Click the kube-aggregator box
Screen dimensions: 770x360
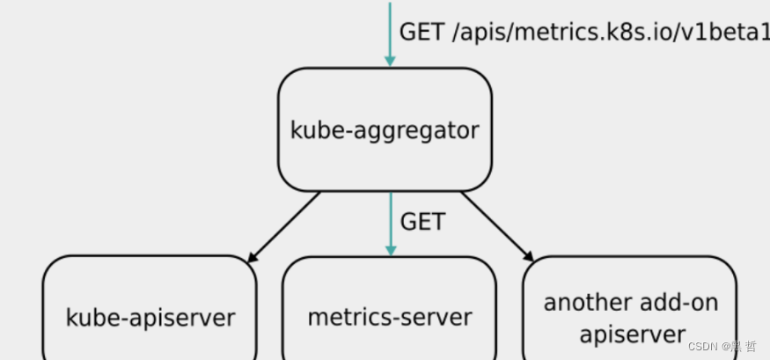(x=385, y=129)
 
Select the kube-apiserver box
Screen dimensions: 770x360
(x=150, y=308)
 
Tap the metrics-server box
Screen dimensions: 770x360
(x=390, y=308)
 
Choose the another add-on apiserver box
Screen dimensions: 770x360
(x=629, y=308)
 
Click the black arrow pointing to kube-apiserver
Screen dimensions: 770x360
(x=284, y=227)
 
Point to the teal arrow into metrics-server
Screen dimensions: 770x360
(x=391, y=224)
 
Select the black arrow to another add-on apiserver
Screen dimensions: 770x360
(x=497, y=227)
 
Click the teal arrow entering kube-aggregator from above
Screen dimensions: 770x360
(x=390, y=34)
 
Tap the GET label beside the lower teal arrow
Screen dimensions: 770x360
(x=422, y=222)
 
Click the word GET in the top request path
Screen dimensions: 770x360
(x=422, y=33)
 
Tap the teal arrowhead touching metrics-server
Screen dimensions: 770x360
(x=391, y=251)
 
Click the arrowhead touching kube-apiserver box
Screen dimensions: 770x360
(x=252, y=258)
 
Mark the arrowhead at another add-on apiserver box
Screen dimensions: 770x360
(x=530, y=257)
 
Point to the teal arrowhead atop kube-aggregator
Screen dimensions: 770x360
(x=390, y=62)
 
